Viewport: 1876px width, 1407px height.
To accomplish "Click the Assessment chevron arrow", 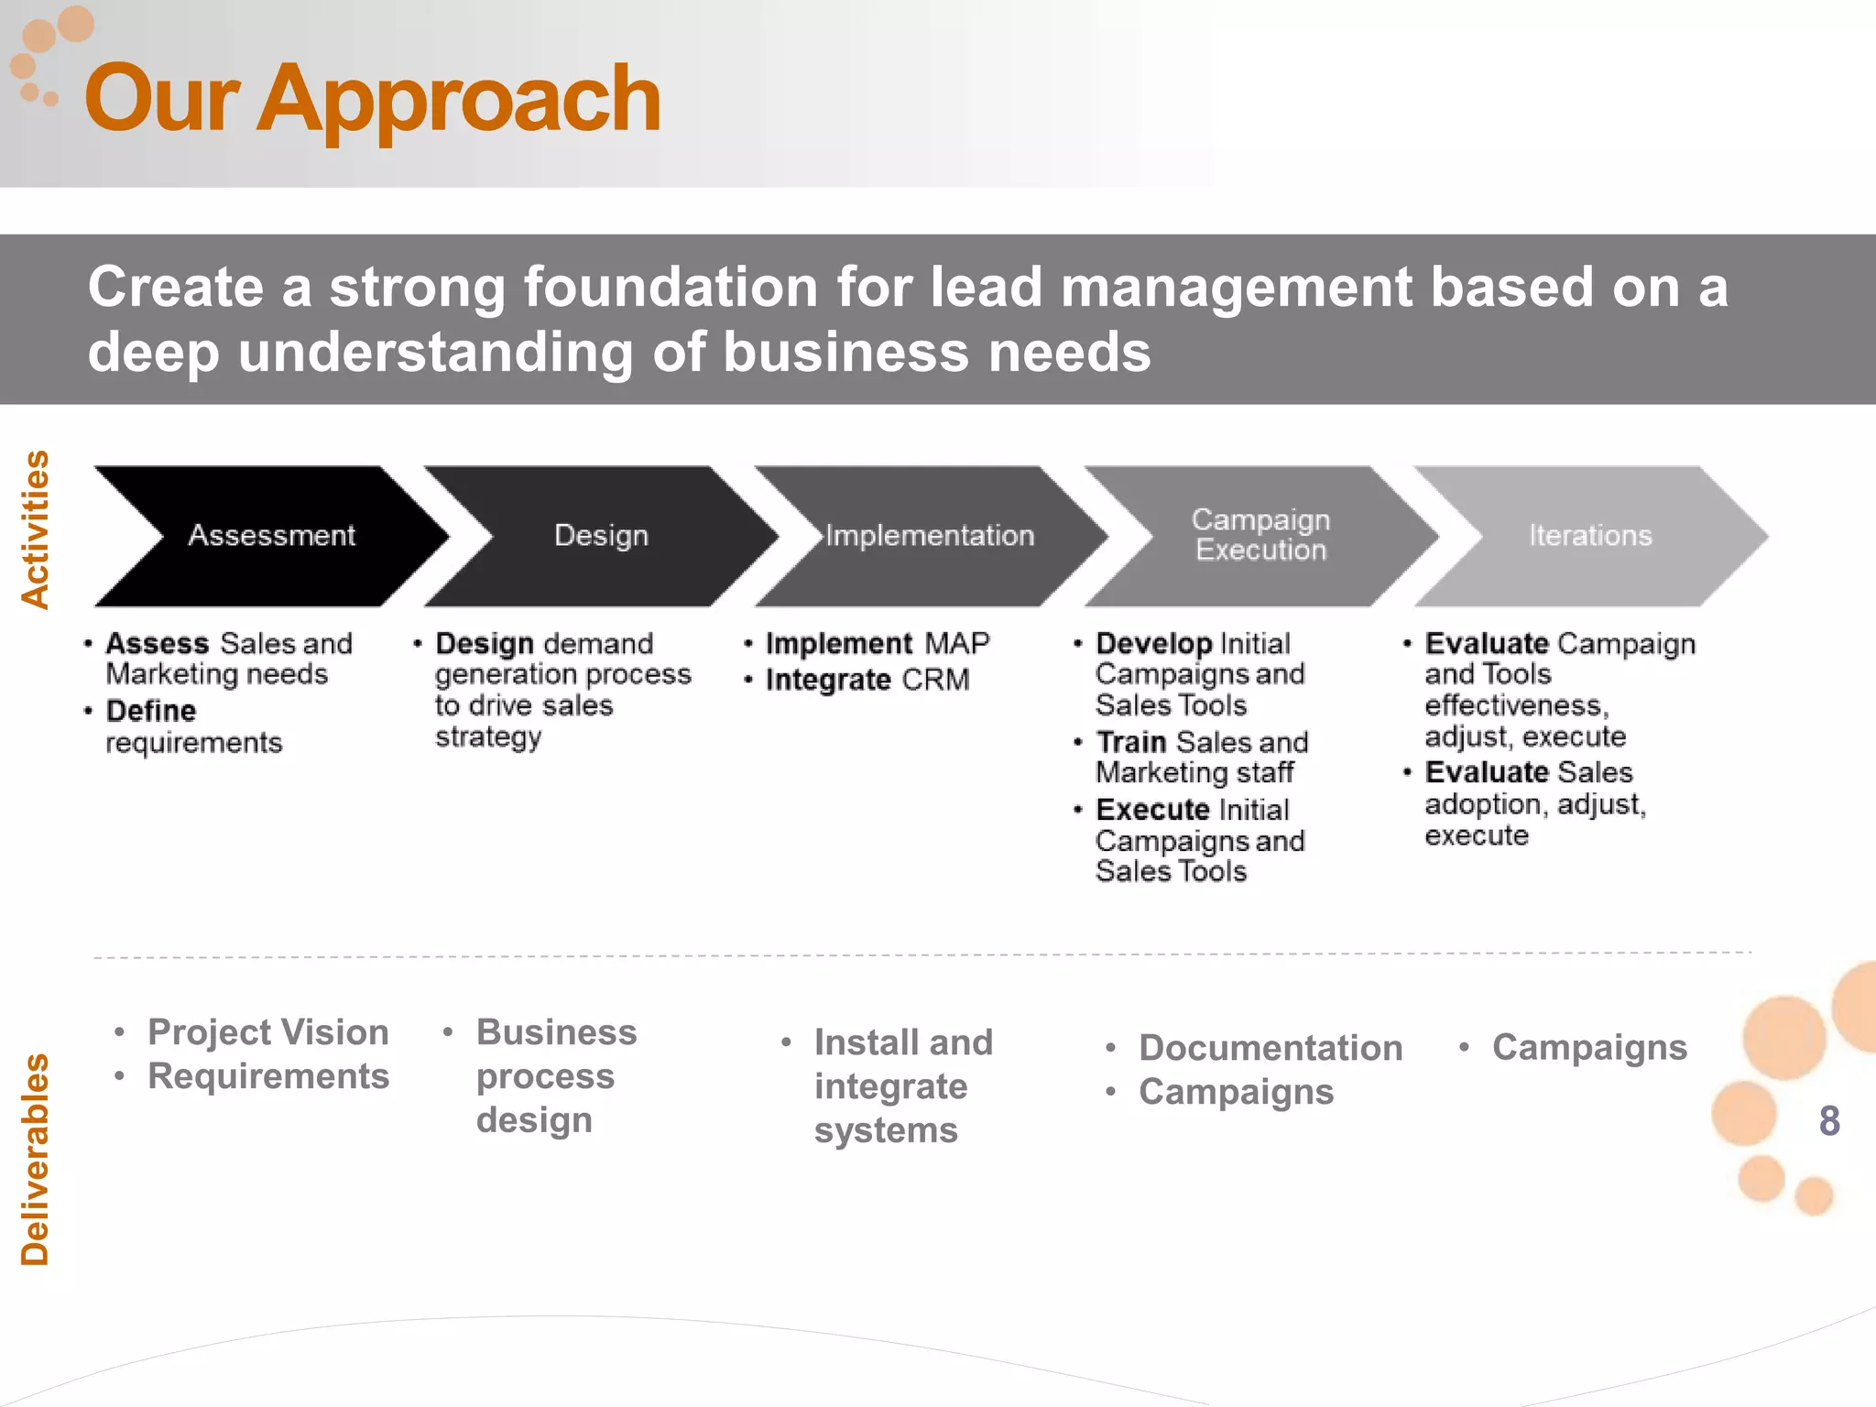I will click(271, 536).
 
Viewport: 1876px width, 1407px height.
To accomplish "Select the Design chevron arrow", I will click(601, 536).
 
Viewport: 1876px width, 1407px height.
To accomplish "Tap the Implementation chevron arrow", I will click(930, 536).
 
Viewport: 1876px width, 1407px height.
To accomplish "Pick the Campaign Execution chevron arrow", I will click(1260, 536).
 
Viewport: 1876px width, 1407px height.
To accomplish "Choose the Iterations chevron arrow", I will click(1590, 536).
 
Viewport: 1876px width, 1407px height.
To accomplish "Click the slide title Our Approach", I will click(372, 99).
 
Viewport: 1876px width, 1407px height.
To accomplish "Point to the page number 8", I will click(1829, 1120).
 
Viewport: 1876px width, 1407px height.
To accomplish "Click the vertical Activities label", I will click(36, 529).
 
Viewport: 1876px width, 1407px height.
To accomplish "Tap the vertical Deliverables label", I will click(36, 1160).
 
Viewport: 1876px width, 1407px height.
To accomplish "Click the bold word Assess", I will click(158, 643).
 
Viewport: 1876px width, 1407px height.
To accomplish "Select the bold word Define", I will click(151, 711).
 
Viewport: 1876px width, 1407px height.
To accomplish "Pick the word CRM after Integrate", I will click(934, 680).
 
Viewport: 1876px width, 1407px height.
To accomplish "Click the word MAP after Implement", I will click(957, 643).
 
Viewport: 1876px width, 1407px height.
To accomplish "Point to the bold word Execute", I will click(1152, 810).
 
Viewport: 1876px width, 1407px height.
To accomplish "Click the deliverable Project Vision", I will click(267, 1032).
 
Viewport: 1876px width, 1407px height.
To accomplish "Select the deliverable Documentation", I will click(1271, 1048).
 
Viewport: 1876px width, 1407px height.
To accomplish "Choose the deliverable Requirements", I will click(268, 1076).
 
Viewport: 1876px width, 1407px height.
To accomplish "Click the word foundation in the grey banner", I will click(671, 287).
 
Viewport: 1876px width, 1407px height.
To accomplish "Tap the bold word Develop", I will click(1153, 643).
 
